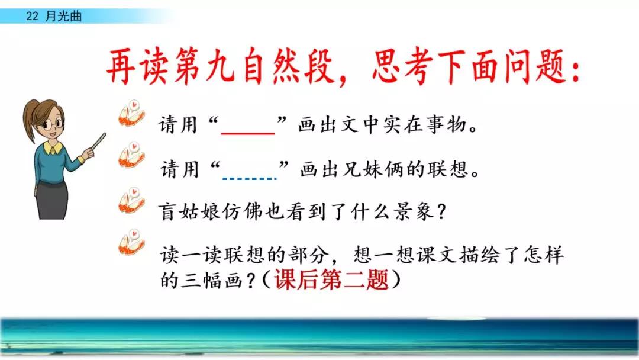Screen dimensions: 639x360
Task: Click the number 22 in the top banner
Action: tap(32, 17)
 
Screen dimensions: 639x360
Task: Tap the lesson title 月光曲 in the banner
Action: tap(63, 17)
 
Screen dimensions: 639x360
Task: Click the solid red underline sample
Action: tap(248, 133)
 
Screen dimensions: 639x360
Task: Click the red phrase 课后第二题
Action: tap(331, 280)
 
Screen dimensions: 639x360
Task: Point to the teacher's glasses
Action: tap(53, 123)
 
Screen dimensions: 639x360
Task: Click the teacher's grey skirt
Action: tap(52, 201)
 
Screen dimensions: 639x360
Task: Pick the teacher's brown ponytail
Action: tap(30, 123)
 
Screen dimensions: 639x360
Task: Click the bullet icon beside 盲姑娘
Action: tap(131, 201)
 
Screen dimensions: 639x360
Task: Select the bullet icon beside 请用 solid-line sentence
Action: tap(131, 113)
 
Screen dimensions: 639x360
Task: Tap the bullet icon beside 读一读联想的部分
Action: tap(131, 242)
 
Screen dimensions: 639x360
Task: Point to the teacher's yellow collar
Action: tap(53, 147)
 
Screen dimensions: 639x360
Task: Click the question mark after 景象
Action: tap(441, 212)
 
